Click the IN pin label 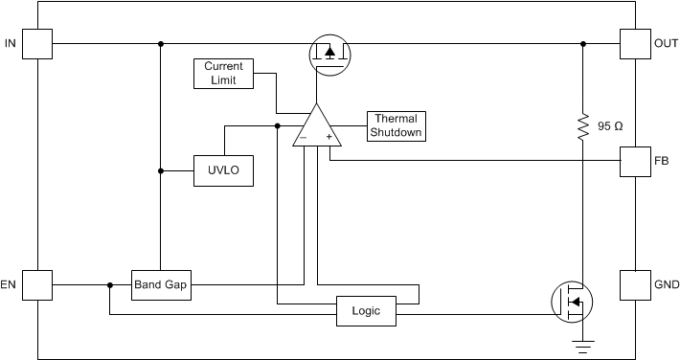[10, 44]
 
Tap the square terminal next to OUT [635, 43]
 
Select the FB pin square [635, 161]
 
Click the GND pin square [635, 284]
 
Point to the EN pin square [36, 284]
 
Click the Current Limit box [224, 74]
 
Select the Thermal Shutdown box [396, 125]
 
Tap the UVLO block [224, 171]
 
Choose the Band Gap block [161, 284]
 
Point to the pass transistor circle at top [329, 53]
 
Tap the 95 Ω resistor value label [609, 125]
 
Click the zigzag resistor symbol [582, 126]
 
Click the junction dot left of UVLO [161, 171]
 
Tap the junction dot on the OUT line [582, 43]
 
